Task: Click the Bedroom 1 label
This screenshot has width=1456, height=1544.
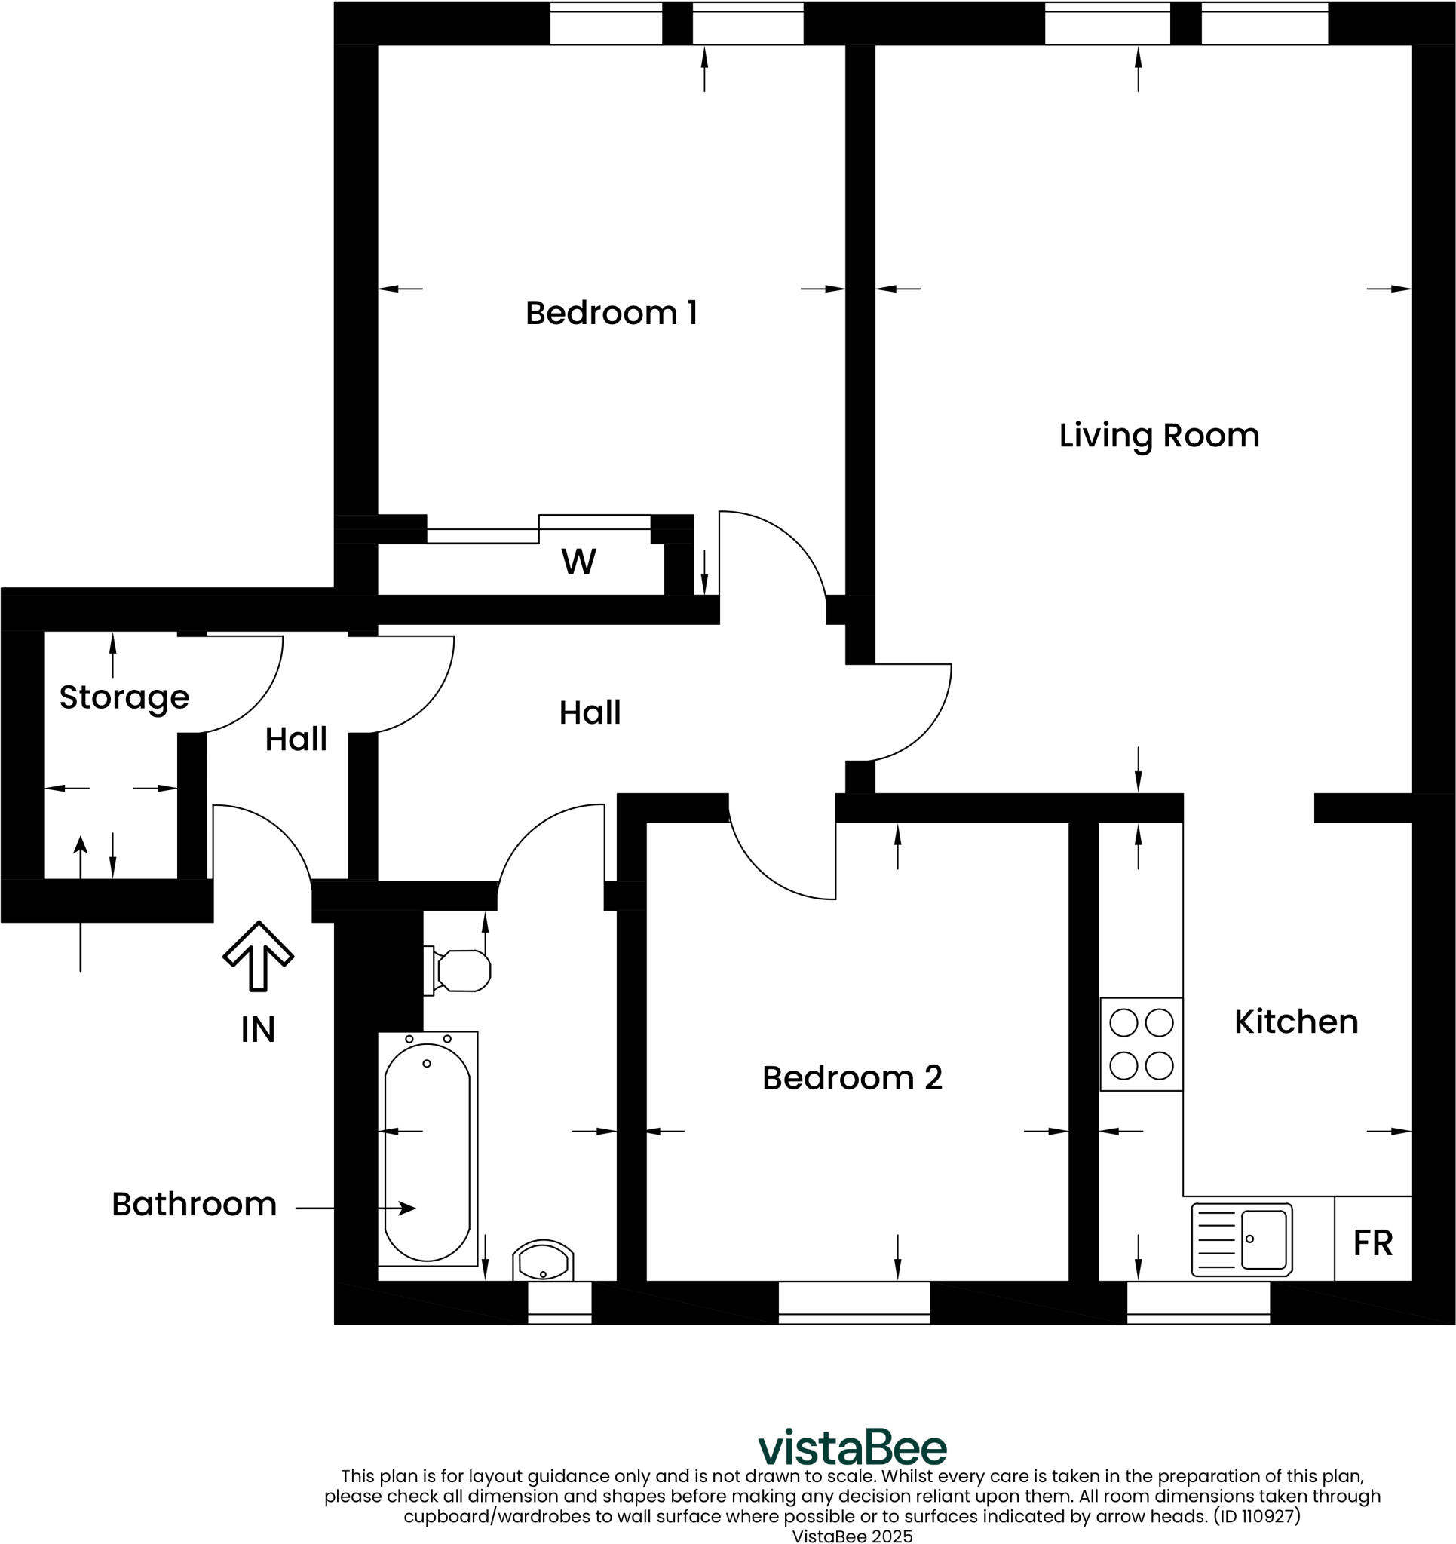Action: pos(612,313)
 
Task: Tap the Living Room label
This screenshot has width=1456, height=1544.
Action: pos(1158,435)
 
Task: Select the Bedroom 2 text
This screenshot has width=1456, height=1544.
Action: pos(851,1077)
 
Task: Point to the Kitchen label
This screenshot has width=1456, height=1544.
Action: pos(1296,1022)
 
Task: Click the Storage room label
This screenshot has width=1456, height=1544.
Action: pos(124,697)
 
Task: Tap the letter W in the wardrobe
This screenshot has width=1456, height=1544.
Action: pos(579,562)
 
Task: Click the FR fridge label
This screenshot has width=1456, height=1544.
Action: pos(1373,1242)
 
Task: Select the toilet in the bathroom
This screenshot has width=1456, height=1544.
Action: pos(460,971)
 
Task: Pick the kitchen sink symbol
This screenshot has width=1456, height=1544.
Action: pos(1242,1239)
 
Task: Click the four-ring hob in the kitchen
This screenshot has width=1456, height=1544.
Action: pos(1142,1045)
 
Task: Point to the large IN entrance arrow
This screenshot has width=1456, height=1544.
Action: pos(258,955)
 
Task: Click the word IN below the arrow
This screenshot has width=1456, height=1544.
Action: pos(258,1030)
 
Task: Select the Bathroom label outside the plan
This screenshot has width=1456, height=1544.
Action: pos(195,1204)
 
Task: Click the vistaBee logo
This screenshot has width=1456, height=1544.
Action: pos(852,1447)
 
